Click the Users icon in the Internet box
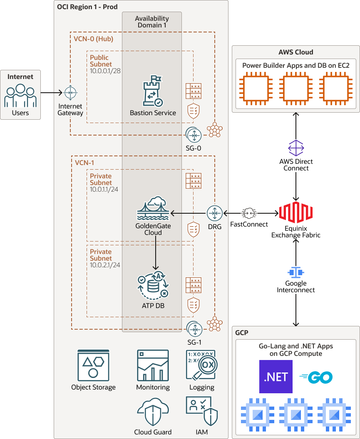pyautogui.click(x=20, y=96)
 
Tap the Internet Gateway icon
pyautogui.click(x=70, y=92)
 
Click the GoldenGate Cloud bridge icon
pyautogui.click(x=153, y=208)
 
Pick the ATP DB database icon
pyautogui.click(x=153, y=286)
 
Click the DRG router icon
pyautogui.click(x=215, y=213)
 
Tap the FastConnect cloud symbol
pyautogui.click(x=249, y=213)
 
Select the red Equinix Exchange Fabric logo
pyautogui.click(x=295, y=213)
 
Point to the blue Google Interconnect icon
pyautogui.click(x=296, y=272)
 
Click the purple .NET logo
pyautogui.click(x=276, y=377)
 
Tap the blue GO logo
pyautogui.click(x=316, y=377)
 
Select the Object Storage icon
pyautogui.click(x=93, y=365)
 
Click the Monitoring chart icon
pyautogui.click(x=153, y=365)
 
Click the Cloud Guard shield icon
pyautogui.click(x=153, y=412)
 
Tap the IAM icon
pyautogui.click(x=202, y=411)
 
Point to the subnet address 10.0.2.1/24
pyautogui.click(x=105, y=265)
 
